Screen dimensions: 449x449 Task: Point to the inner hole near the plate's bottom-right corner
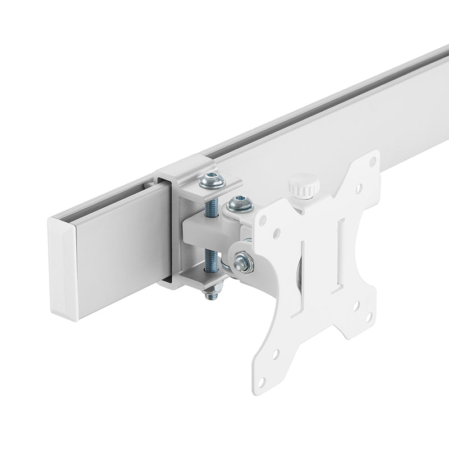[356, 305]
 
